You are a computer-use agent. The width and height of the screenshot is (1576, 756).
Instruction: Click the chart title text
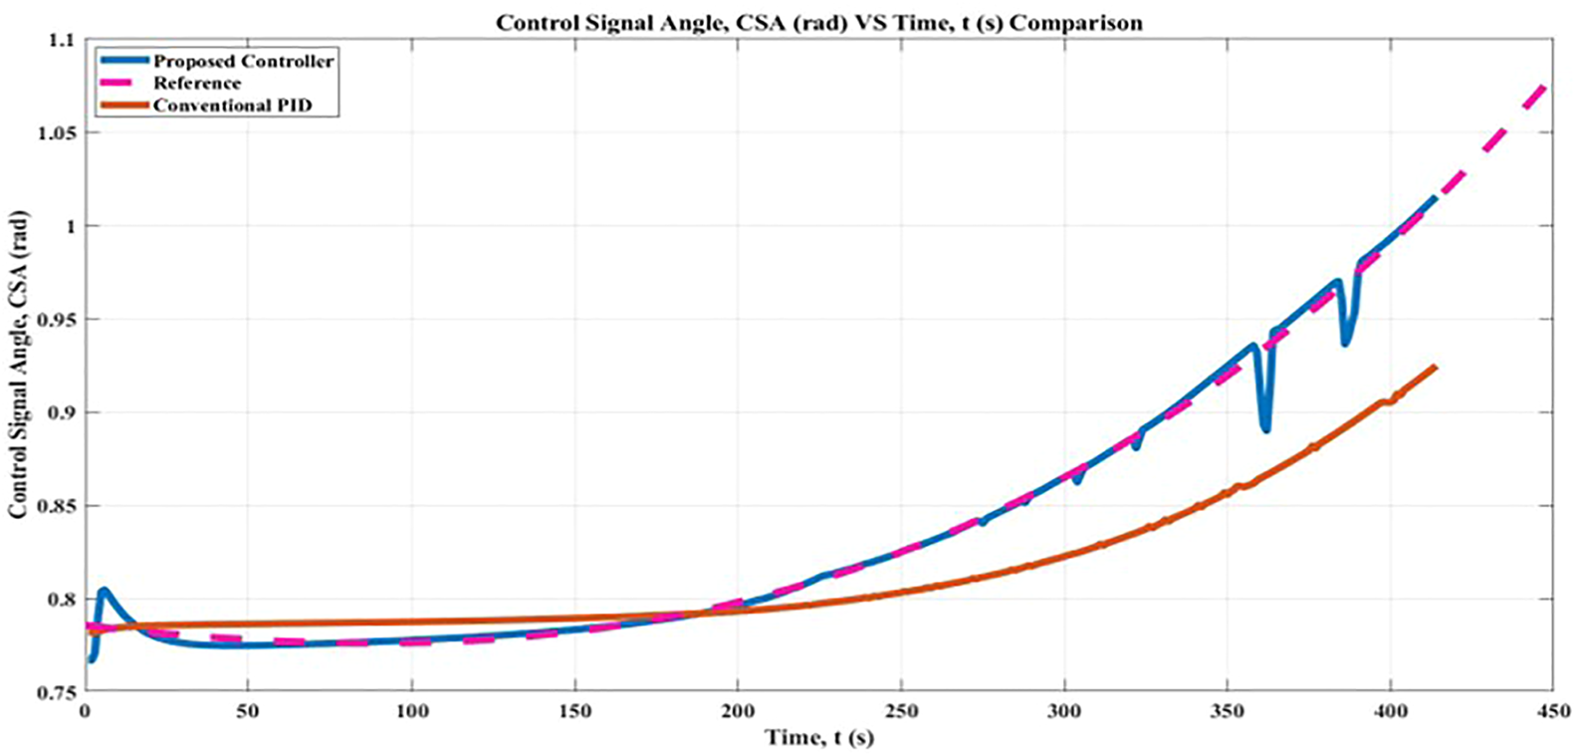click(819, 22)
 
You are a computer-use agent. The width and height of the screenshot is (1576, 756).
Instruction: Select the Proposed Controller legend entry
click(243, 61)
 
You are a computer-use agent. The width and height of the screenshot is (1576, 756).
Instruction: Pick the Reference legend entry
click(197, 83)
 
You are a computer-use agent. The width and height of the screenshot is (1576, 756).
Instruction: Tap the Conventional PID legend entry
click(232, 105)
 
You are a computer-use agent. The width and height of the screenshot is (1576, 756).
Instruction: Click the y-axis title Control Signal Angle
click(18, 364)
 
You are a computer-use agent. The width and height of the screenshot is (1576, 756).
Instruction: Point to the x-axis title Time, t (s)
click(819, 737)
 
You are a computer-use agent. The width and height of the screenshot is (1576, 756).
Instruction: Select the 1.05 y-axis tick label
click(58, 133)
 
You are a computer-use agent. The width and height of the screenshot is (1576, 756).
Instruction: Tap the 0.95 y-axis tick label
click(58, 320)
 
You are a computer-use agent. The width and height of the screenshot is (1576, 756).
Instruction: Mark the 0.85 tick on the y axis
click(58, 506)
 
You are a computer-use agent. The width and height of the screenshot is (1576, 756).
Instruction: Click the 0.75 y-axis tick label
click(58, 692)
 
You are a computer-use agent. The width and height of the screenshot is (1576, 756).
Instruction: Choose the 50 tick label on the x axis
click(248, 711)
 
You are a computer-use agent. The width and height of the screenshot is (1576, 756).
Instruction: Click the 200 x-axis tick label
click(738, 711)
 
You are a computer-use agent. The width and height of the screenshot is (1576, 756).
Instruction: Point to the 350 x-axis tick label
click(1227, 711)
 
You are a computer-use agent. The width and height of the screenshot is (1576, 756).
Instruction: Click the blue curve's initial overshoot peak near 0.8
click(103, 591)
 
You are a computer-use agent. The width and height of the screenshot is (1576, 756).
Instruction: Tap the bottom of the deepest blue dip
click(1265, 429)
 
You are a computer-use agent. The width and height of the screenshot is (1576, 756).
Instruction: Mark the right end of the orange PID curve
click(1435, 368)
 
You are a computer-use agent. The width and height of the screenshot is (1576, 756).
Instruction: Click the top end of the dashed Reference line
click(1545, 86)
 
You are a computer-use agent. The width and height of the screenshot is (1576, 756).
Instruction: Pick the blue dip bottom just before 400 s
click(1346, 343)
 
